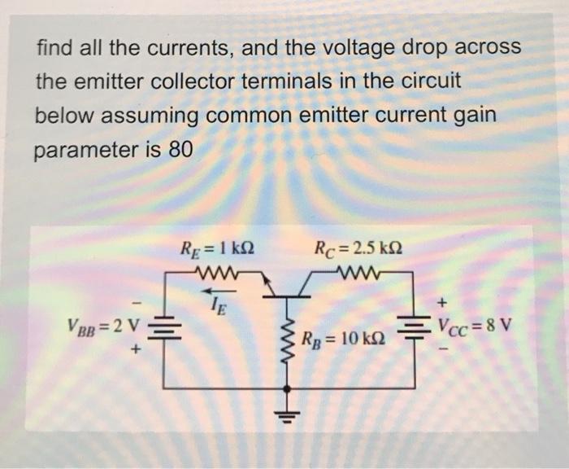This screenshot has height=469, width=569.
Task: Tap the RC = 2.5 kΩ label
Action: click(x=358, y=245)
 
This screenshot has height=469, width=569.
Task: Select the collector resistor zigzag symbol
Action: click(x=359, y=269)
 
